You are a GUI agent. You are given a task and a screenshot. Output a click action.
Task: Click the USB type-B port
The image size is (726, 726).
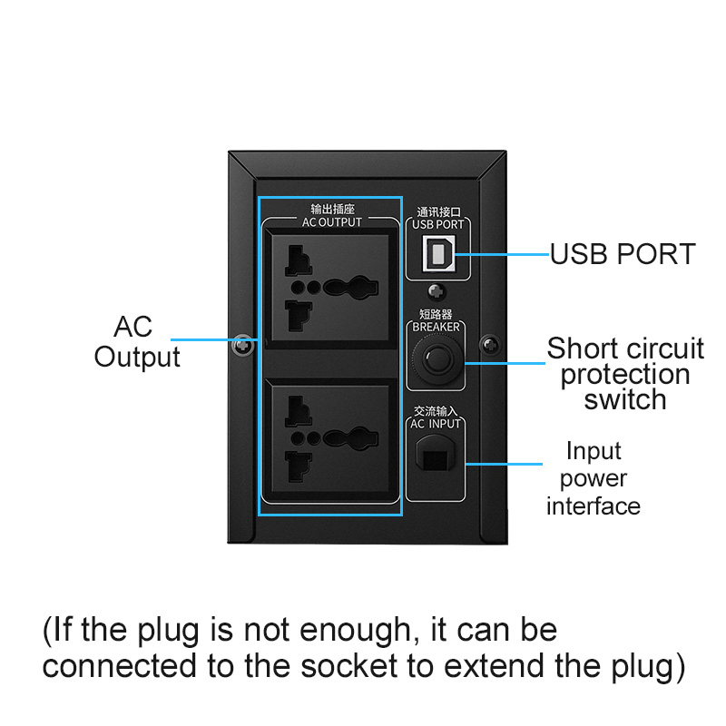[439, 253]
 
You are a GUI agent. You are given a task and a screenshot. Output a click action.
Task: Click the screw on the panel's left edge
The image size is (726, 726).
[243, 346]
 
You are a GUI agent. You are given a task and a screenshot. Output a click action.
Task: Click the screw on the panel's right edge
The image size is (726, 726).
[490, 346]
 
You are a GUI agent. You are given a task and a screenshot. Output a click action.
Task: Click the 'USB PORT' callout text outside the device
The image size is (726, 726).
[623, 254]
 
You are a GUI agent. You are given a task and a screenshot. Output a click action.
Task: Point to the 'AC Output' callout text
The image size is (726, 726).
[136, 342]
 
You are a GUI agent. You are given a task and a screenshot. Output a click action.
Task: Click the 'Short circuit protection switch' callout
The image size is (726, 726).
[625, 374]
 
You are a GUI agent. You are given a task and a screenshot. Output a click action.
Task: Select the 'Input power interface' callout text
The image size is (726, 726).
[594, 478]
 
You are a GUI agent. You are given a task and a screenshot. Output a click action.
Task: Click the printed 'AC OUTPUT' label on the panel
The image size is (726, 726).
[331, 222]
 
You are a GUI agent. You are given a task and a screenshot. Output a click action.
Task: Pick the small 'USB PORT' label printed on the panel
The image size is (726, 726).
[437, 224]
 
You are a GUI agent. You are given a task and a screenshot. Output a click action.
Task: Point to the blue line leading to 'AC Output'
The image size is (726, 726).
[216, 341]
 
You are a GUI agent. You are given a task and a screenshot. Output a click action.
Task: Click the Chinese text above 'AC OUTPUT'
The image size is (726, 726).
[330, 210]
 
